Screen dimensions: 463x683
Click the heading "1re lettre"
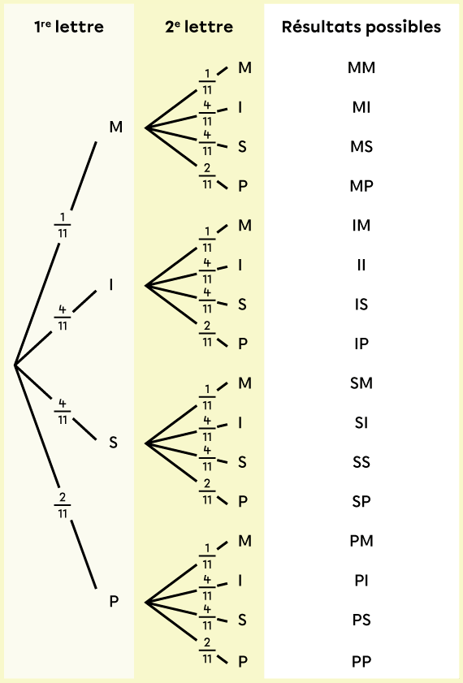pyautogui.click(x=69, y=27)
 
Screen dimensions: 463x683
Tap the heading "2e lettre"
pyautogui.click(x=199, y=27)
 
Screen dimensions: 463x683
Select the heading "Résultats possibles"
pyautogui.click(x=361, y=27)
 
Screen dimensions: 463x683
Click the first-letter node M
pyautogui.click(x=116, y=127)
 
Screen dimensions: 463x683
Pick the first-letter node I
pyautogui.click(x=111, y=284)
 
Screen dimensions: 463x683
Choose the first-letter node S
pyautogui.click(x=113, y=443)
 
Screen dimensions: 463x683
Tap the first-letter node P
pyautogui.click(x=114, y=601)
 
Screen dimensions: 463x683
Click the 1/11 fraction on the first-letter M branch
pyautogui.click(x=63, y=225)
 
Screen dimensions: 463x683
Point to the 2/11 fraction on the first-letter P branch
pyautogui.click(x=63, y=505)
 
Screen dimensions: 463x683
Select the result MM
pyautogui.click(x=361, y=67)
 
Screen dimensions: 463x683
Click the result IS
pyautogui.click(x=361, y=304)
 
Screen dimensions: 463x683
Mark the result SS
pyautogui.click(x=361, y=462)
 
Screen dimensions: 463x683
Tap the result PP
pyautogui.click(x=361, y=661)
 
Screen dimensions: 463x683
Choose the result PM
pyautogui.click(x=361, y=541)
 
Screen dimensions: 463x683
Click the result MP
pyautogui.click(x=361, y=186)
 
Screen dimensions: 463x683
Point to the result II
pyautogui.click(x=361, y=265)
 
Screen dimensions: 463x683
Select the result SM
pyautogui.click(x=361, y=383)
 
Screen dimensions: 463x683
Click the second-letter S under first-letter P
pyautogui.click(x=243, y=620)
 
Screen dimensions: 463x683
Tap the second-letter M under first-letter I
pyautogui.click(x=244, y=225)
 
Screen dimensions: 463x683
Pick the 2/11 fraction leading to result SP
pyautogui.click(x=207, y=491)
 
